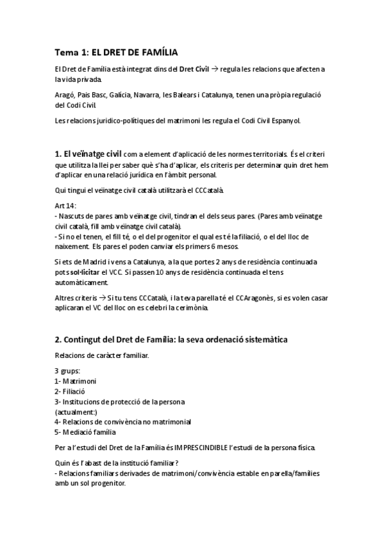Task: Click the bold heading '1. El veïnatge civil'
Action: click(89, 154)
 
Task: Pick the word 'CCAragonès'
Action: click(255, 298)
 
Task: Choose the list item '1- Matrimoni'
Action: click(74, 382)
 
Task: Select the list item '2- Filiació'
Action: click(71, 391)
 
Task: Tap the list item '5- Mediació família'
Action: click(85, 432)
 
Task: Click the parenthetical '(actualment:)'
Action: click(76, 412)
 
